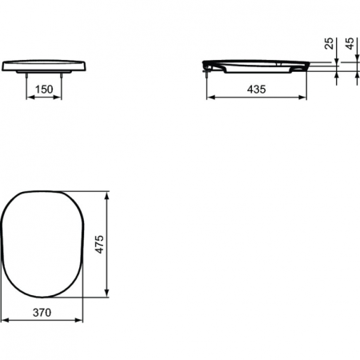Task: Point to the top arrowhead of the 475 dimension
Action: [108, 194]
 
